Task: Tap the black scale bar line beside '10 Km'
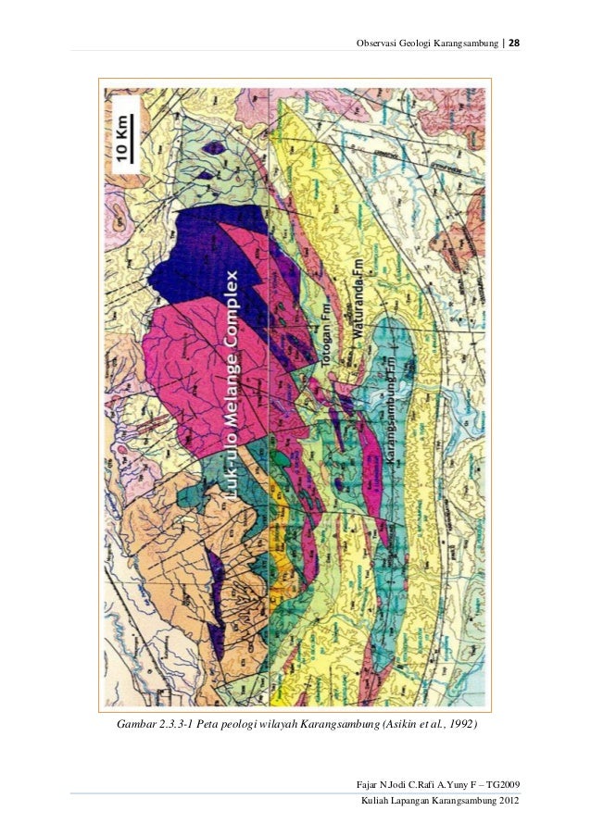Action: (137, 139)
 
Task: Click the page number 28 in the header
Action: (514, 45)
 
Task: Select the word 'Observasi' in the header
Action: (374, 45)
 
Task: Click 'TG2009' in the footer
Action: (500, 784)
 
